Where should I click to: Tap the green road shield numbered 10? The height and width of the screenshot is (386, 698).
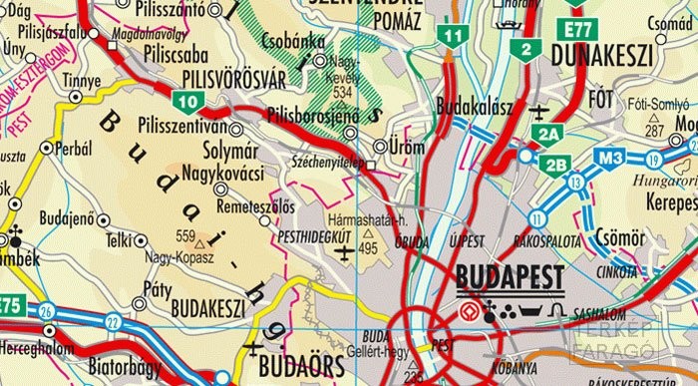tap(187, 100)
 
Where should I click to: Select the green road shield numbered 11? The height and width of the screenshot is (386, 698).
tap(455, 36)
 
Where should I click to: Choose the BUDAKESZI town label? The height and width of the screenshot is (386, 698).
tap(207, 308)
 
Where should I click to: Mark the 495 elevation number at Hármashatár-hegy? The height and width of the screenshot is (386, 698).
tap(368, 247)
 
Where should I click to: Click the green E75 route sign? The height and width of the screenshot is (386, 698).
tap(10, 305)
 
